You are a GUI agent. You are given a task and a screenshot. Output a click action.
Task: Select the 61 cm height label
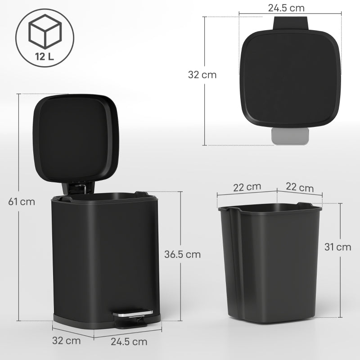click(x=22, y=201)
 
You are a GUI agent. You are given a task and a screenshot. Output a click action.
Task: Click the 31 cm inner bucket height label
click(x=338, y=247)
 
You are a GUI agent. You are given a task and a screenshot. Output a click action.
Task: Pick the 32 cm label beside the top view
click(x=202, y=75)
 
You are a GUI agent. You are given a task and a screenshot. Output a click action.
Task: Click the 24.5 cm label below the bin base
click(x=129, y=342)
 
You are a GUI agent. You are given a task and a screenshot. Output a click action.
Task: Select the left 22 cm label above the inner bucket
click(x=247, y=187)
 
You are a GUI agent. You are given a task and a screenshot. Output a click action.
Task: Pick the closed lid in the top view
click(x=291, y=76)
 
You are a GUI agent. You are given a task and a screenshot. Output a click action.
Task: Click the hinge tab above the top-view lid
click(x=291, y=22)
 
